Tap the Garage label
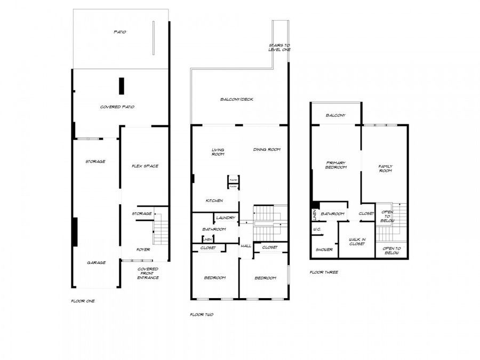click(x=97, y=262)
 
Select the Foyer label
click(x=143, y=250)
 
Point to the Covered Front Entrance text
click(x=148, y=273)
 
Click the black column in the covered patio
click(x=122, y=86)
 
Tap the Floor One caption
click(x=83, y=301)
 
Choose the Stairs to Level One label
click(x=279, y=47)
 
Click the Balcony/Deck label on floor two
click(x=237, y=99)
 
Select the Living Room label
click(x=218, y=152)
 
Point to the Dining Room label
click(x=267, y=149)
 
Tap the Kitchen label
click(x=215, y=201)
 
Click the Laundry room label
click(x=226, y=218)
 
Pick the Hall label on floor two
click(x=246, y=246)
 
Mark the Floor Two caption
click(x=202, y=315)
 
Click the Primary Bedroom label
click(x=336, y=165)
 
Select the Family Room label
click(x=385, y=169)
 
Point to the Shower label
click(x=324, y=250)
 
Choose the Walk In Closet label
click(x=356, y=242)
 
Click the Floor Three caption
click(x=324, y=272)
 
